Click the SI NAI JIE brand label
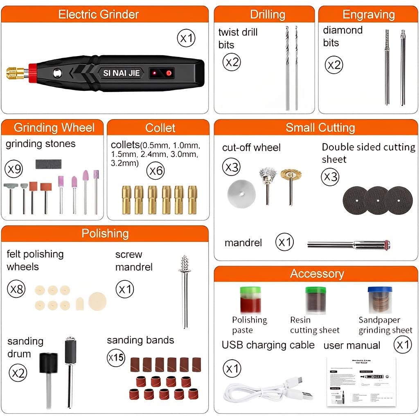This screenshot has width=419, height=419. pos(121,73)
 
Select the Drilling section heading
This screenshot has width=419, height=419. pos(268,14)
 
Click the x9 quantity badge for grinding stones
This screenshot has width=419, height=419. pos(15,169)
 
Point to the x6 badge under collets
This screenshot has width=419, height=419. pos(156,170)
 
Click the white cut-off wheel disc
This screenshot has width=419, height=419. pos(241,192)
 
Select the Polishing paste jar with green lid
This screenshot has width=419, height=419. pos(250,300)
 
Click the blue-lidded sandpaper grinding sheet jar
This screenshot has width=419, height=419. pos(380,300)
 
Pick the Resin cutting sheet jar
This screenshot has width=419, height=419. pos(315,300)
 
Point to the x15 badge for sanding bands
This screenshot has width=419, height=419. pos(116,358)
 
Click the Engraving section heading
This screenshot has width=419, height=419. pos(368,14)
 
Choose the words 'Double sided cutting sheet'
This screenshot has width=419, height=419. pos(368,153)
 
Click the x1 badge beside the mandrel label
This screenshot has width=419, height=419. pos(284,242)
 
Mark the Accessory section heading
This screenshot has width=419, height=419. pos(317,273)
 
